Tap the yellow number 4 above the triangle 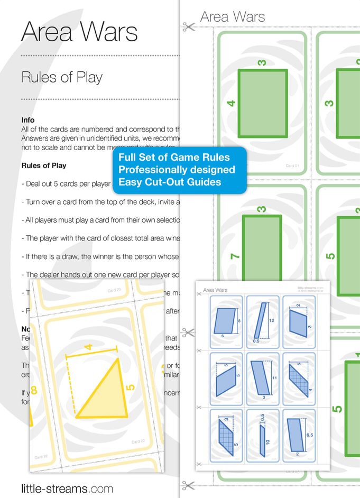click(x=88, y=347)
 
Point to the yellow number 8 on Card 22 click(x=34, y=391)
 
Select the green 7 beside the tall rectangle click(x=235, y=256)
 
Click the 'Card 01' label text click(x=292, y=166)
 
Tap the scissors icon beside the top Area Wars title click(x=188, y=25)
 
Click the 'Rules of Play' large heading click(x=62, y=77)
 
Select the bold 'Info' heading click(x=28, y=120)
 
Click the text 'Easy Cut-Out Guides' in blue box click(x=170, y=182)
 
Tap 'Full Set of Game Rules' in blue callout click(x=174, y=158)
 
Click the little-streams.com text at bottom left click(x=67, y=488)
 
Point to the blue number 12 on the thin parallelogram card click(x=271, y=320)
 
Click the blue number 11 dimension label click(x=274, y=378)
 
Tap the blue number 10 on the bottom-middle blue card click(x=267, y=442)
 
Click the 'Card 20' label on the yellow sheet click(x=114, y=290)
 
